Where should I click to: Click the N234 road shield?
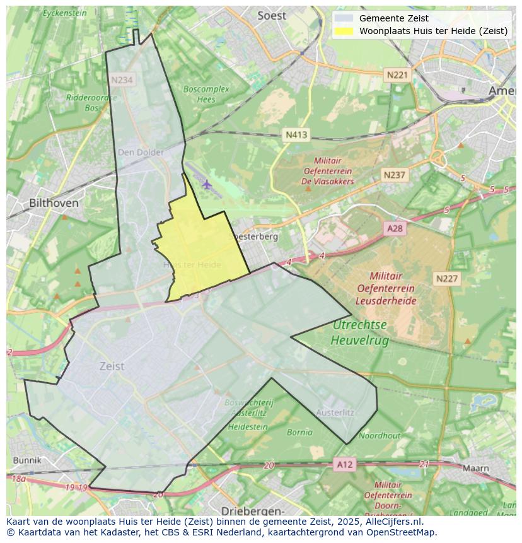pyautogui.click(x=122, y=80)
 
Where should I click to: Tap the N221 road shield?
pyautogui.click(x=397, y=75)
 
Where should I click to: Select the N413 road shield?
pyautogui.click(x=296, y=134)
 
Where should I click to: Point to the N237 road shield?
pyautogui.click(x=395, y=175)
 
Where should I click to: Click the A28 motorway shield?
pyautogui.click(x=395, y=228)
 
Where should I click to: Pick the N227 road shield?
pyautogui.click(x=448, y=278)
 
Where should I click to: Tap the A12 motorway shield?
pyautogui.click(x=345, y=465)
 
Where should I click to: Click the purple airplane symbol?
pyautogui.click(x=207, y=184)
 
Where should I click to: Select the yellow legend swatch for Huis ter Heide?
pyautogui.click(x=344, y=31)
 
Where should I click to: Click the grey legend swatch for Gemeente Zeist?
pyautogui.click(x=344, y=18)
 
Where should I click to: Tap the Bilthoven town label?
pyautogui.click(x=54, y=203)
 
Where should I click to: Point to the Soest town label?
pyautogui.click(x=272, y=16)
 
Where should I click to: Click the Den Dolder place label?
pyautogui.click(x=141, y=152)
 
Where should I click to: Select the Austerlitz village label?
pyautogui.click(x=335, y=412)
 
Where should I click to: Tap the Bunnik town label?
pyautogui.click(x=26, y=460)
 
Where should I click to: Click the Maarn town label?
pyautogui.click(x=475, y=469)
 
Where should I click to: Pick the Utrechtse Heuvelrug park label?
pyautogui.click(x=360, y=332)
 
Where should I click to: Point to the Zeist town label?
pyautogui.click(x=112, y=366)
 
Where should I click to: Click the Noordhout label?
pyautogui.click(x=380, y=436)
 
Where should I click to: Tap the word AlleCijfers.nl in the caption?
pyautogui.click(x=395, y=522)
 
